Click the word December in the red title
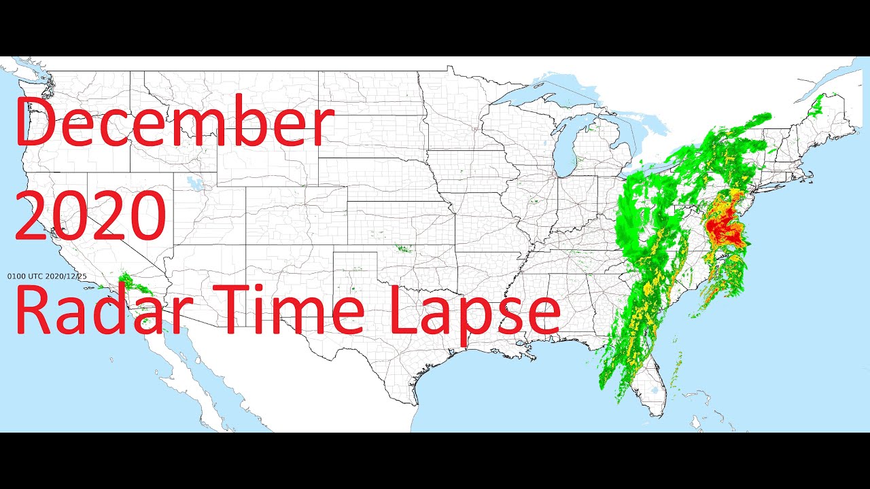pyautogui.click(x=175, y=124)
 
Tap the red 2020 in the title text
pyautogui.click(x=90, y=217)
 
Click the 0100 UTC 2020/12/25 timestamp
pyautogui.click(x=47, y=276)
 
